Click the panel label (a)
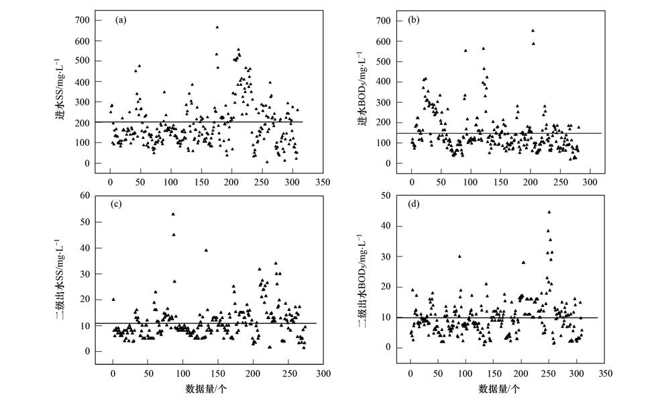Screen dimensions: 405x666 [121, 19]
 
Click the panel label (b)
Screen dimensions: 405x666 [414, 19]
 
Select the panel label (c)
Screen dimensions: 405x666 [121, 204]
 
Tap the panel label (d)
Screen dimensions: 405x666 [414, 204]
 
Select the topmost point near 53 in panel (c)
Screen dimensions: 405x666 [173, 214]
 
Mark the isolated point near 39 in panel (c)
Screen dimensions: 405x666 [206, 251]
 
